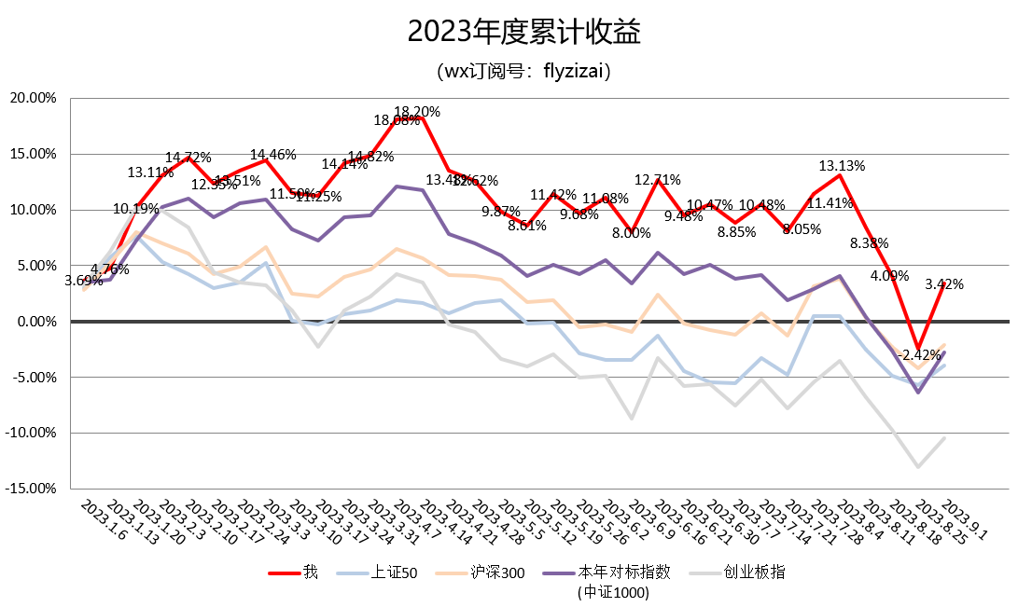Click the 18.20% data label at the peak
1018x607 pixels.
pyautogui.click(x=417, y=112)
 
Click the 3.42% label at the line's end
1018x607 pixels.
pyautogui.click(x=944, y=284)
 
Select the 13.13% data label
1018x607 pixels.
pyautogui.click(x=842, y=166)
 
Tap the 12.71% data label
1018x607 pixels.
pyautogui.click(x=659, y=180)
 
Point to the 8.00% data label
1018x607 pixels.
pyautogui.click(x=632, y=233)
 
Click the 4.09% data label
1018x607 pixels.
pyautogui.click(x=889, y=276)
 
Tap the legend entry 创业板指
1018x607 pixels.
pyautogui.click(x=754, y=572)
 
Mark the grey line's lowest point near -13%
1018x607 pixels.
pyautogui.click(x=919, y=466)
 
